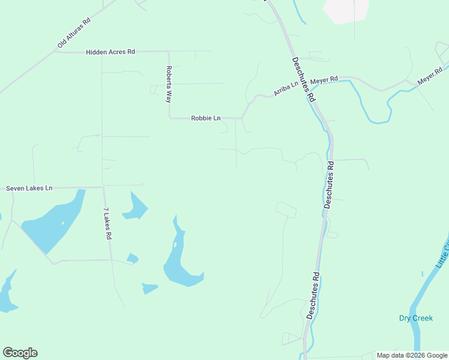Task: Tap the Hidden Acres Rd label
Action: pos(110,52)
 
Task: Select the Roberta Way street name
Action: pos(169,84)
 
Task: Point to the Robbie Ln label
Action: pos(206,118)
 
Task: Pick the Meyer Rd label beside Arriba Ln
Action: pos(324,79)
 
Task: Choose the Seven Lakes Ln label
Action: pos(29,188)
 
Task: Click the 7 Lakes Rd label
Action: pos(107,224)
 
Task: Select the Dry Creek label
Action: pos(415,318)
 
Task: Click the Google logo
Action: pos(20,353)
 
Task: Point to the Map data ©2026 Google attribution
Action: pos(412,355)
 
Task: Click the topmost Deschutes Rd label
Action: pos(303,78)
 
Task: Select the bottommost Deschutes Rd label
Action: pos(313,297)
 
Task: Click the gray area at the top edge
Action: pos(345,10)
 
